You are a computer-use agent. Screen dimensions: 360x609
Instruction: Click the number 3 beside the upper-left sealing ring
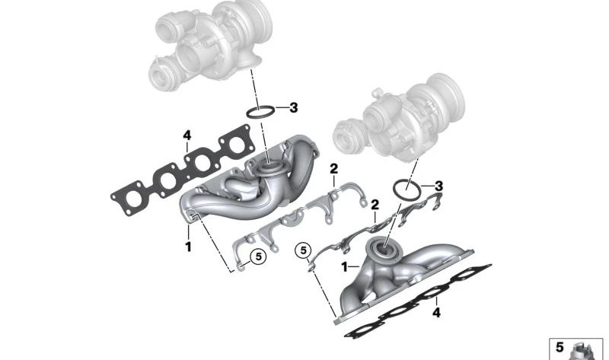(x=293, y=107)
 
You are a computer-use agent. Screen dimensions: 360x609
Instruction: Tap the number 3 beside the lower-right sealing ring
(x=439, y=186)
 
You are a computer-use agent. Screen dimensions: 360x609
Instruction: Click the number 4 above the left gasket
(x=186, y=136)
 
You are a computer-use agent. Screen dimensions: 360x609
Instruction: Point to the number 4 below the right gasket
(x=436, y=312)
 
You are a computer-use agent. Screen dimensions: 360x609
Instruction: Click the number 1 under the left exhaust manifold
(x=187, y=246)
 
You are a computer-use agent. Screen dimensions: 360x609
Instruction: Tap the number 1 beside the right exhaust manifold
(x=344, y=266)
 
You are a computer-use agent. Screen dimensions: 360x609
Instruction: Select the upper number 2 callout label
(x=333, y=168)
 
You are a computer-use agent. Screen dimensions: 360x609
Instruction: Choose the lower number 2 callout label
(x=374, y=205)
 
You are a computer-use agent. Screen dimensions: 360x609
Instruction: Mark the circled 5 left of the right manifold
(x=304, y=249)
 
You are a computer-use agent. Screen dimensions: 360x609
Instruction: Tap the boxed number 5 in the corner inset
(x=560, y=347)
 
